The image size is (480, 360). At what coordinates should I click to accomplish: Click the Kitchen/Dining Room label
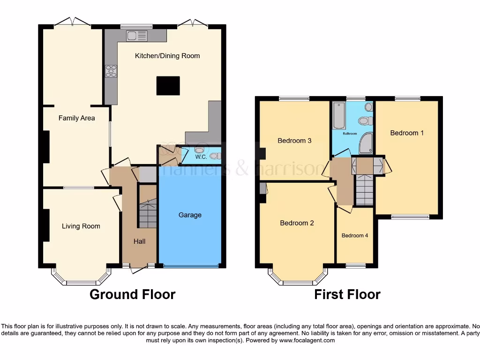click(x=167, y=56)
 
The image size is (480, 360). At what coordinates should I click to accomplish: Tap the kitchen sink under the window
click(x=136, y=36)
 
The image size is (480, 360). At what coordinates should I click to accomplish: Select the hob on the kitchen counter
click(x=111, y=71)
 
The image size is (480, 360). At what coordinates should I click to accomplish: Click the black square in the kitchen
click(x=168, y=86)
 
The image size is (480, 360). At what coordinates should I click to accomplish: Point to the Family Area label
click(x=76, y=118)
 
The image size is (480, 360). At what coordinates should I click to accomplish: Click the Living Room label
click(x=81, y=226)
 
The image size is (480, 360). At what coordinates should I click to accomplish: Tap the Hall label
click(x=139, y=241)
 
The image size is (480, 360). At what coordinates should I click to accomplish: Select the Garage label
click(x=190, y=215)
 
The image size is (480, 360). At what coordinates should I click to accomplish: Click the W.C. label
click(x=201, y=157)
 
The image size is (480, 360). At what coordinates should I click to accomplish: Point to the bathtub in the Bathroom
click(x=338, y=116)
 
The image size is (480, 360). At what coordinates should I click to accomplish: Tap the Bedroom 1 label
click(x=407, y=133)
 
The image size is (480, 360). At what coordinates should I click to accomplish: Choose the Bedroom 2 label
click(x=297, y=223)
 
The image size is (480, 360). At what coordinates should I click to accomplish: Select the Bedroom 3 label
click(x=294, y=140)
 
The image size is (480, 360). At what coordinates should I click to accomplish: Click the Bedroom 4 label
click(x=354, y=235)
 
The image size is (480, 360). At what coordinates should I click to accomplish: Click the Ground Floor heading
click(x=132, y=294)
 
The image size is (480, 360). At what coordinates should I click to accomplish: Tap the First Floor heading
click(x=347, y=294)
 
